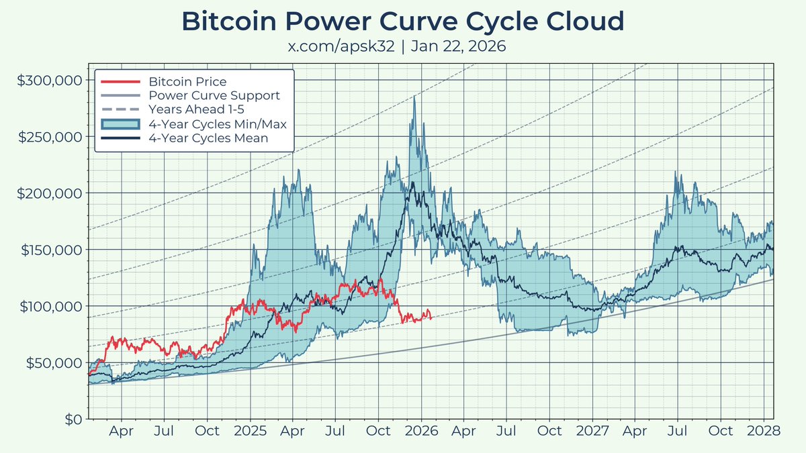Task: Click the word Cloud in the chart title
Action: [584, 21]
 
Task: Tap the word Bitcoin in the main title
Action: [224, 21]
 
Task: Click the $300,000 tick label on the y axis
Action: [50, 80]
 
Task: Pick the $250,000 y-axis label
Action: [50, 136]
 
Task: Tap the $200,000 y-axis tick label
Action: [50, 193]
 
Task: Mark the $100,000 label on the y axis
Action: [50, 306]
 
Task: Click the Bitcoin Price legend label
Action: [187, 82]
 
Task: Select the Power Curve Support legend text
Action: [214, 96]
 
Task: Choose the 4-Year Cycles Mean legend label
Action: [208, 138]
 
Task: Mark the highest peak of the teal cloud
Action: [414, 97]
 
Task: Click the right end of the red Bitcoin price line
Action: [431, 317]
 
